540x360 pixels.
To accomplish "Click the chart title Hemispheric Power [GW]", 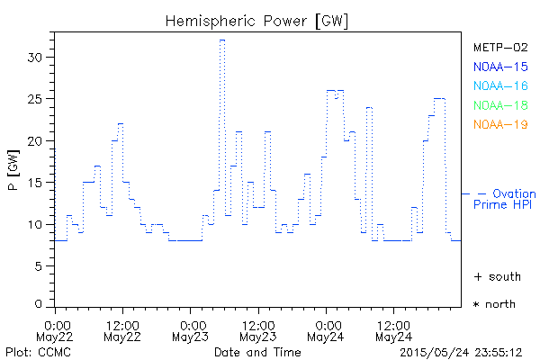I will [x=257, y=20].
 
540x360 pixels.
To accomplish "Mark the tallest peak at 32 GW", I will [x=221, y=40].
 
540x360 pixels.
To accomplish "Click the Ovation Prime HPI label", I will [x=504, y=199].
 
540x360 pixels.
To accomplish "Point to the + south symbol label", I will [x=494, y=276].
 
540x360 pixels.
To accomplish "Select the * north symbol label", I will [x=494, y=304].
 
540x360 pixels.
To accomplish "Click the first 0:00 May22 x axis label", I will [x=57, y=330].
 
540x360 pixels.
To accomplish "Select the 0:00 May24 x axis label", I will [x=326, y=330].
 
